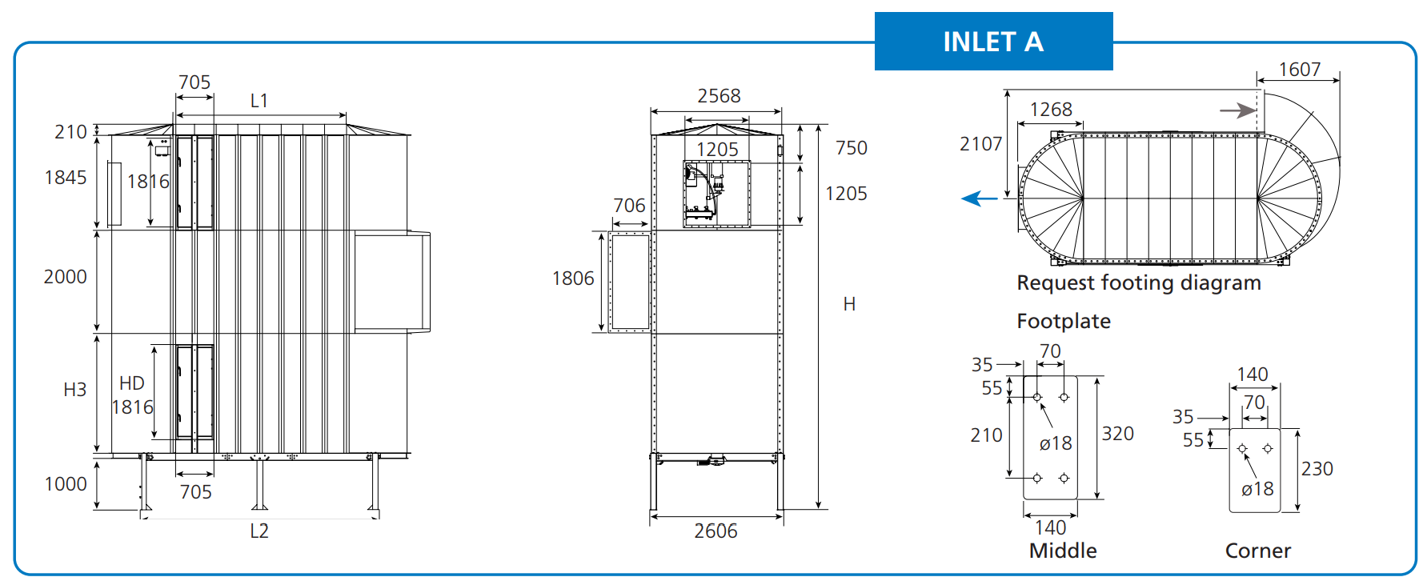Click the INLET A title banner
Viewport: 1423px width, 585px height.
coord(992,42)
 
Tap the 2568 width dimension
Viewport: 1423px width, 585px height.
coord(719,96)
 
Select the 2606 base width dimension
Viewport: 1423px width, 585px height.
coord(716,531)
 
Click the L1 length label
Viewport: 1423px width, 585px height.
coord(259,101)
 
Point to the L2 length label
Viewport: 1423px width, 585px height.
coord(259,531)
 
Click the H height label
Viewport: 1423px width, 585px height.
coord(849,304)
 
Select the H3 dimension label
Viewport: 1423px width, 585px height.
coord(74,390)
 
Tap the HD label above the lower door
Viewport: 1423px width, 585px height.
coord(132,383)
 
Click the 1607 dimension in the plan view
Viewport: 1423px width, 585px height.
coord(1299,70)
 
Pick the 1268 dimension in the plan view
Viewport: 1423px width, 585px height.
coord(1050,110)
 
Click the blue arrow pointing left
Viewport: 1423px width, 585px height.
coord(979,198)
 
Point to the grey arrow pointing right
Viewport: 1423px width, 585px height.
coord(1237,110)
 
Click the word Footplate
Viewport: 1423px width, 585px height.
coord(1063,321)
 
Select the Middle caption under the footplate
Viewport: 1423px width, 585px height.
coord(1062,551)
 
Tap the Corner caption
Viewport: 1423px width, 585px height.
coord(1257,551)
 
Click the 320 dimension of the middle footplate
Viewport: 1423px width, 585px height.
coord(1117,434)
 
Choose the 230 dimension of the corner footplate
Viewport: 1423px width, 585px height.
coord(1317,469)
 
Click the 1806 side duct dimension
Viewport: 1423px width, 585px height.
coord(573,278)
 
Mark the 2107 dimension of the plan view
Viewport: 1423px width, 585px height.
coord(980,144)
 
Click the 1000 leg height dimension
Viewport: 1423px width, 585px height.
coord(66,484)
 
